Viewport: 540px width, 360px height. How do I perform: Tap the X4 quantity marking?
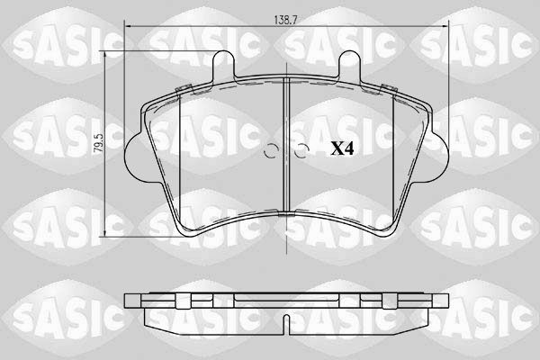342,148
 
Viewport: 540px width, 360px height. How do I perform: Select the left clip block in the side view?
186,301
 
